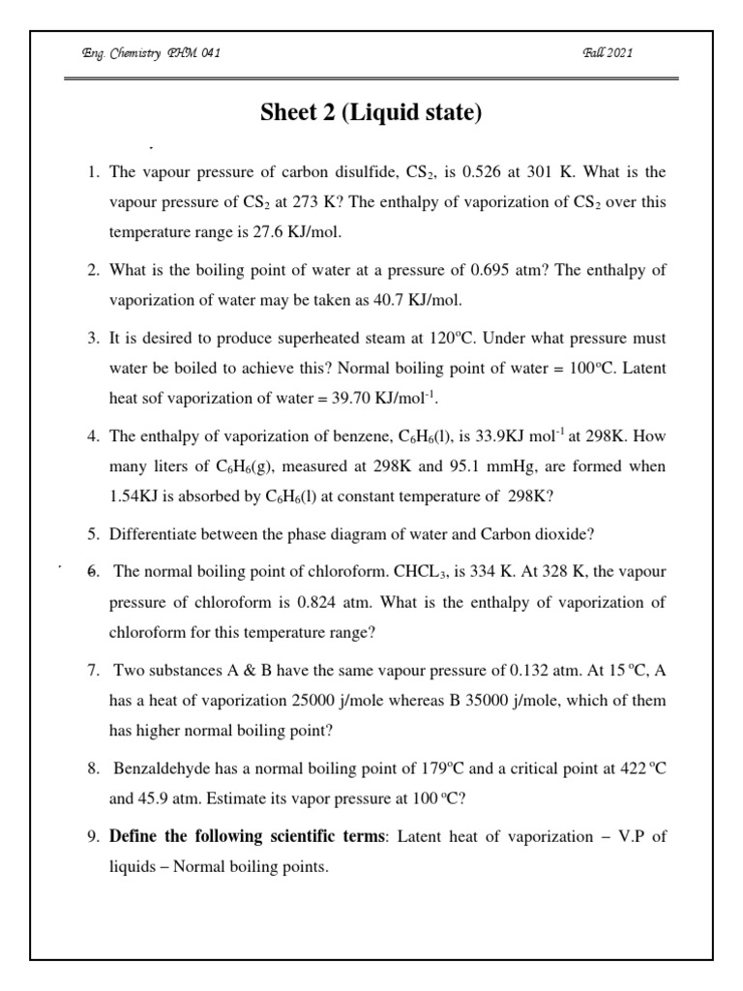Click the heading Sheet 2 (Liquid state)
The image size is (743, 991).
click(371, 113)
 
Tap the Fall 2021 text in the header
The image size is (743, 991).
click(609, 52)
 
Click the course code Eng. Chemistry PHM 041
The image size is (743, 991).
click(151, 52)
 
